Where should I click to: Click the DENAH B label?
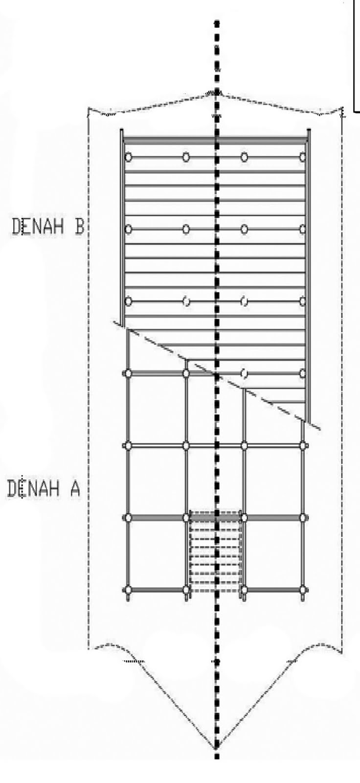tap(48, 227)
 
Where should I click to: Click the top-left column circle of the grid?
tap(129, 157)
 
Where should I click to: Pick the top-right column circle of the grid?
tap(303, 157)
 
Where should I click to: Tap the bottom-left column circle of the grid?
tap(129, 590)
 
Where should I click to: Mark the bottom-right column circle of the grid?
tap(303, 590)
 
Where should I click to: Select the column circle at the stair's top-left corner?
tap(186, 517)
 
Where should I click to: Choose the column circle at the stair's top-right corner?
tap(244, 517)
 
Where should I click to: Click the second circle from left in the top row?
tap(186, 157)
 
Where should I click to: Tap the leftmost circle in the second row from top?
tap(129, 229)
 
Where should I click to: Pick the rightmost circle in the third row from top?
tap(303, 301)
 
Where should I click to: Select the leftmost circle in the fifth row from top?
tap(129, 445)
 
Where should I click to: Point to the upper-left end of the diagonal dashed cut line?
tap(115, 322)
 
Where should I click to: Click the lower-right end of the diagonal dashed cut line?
tap(321, 430)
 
